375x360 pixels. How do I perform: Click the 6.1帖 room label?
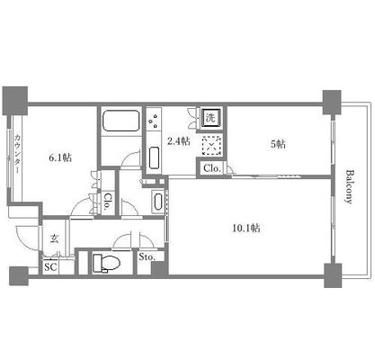click(60, 157)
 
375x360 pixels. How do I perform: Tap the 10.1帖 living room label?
click(246, 229)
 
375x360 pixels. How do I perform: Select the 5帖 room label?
click(279, 144)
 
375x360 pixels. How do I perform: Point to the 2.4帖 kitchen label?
click(179, 141)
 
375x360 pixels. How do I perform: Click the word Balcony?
click(349, 187)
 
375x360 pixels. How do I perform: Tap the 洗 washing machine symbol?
click(210, 118)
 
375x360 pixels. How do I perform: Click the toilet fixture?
click(105, 263)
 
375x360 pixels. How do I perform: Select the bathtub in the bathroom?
click(121, 121)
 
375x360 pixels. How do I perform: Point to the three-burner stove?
click(155, 121)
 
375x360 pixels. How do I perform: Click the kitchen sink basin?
click(155, 157)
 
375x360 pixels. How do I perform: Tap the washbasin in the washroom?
click(158, 202)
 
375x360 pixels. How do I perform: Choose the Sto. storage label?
click(147, 256)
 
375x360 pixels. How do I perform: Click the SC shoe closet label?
click(50, 267)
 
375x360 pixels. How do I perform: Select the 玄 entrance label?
click(54, 238)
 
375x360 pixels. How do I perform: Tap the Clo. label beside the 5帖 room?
click(212, 168)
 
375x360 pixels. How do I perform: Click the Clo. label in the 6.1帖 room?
click(106, 202)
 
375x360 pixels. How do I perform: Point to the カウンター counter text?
click(17, 154)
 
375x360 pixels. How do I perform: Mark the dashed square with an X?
click(212, 145)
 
